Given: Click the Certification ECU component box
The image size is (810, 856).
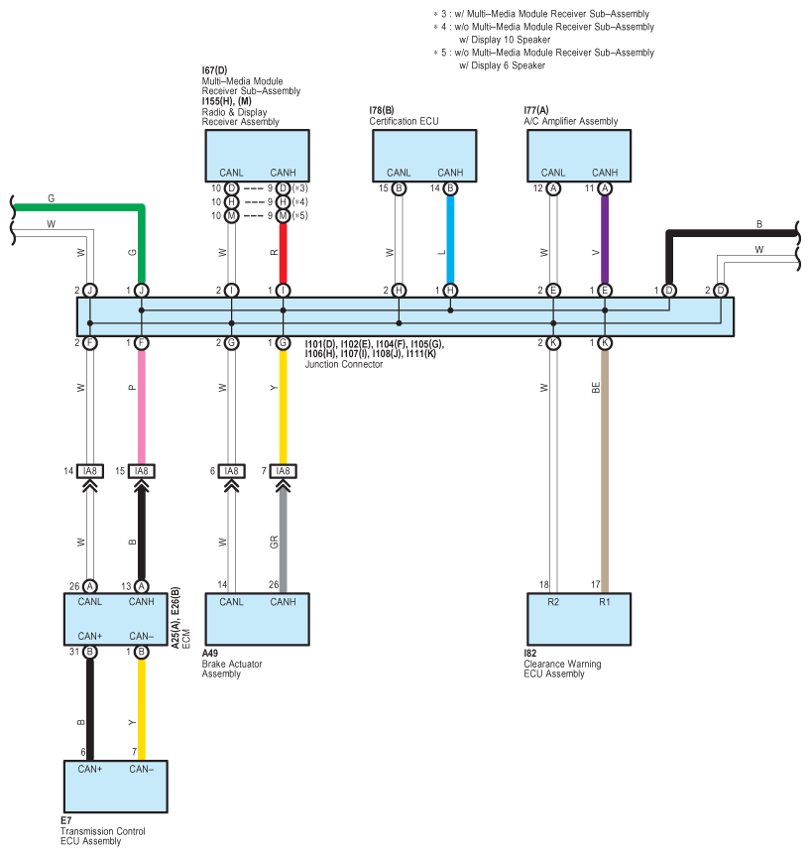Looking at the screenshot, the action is tap(424, 156).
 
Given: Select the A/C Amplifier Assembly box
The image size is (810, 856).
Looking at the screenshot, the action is tap(579, 156).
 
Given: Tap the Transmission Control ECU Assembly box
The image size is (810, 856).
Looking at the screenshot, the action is tap(116, 787).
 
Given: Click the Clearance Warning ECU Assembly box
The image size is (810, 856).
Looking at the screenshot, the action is tap(579, 619).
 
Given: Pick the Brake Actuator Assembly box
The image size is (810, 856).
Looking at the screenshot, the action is tap(257, 619).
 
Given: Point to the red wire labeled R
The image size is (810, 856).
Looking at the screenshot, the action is tap(283, 253).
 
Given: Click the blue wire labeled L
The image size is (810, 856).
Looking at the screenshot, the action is tap(450, 240).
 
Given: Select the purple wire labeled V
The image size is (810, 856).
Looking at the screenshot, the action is tap(605, 240).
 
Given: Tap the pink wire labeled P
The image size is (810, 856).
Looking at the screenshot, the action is tap(142, 407).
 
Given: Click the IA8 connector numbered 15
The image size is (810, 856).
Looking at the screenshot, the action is tap(142, 471).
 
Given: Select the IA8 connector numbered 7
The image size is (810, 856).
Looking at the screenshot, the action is tap(283, 471).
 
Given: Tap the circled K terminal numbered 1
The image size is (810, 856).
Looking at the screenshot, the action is tap(605, 343).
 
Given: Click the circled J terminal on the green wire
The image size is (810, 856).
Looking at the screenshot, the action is tap(142, 291).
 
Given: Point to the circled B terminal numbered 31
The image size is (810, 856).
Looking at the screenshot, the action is tap(90, 652).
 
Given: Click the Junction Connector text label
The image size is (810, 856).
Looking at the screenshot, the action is tap(344, 365).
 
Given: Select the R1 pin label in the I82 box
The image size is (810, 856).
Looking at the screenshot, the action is tap(605, 602).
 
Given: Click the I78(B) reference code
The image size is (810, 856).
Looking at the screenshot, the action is tap(382, 110).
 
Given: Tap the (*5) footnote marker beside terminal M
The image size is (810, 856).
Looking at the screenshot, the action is tap(300, 215).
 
